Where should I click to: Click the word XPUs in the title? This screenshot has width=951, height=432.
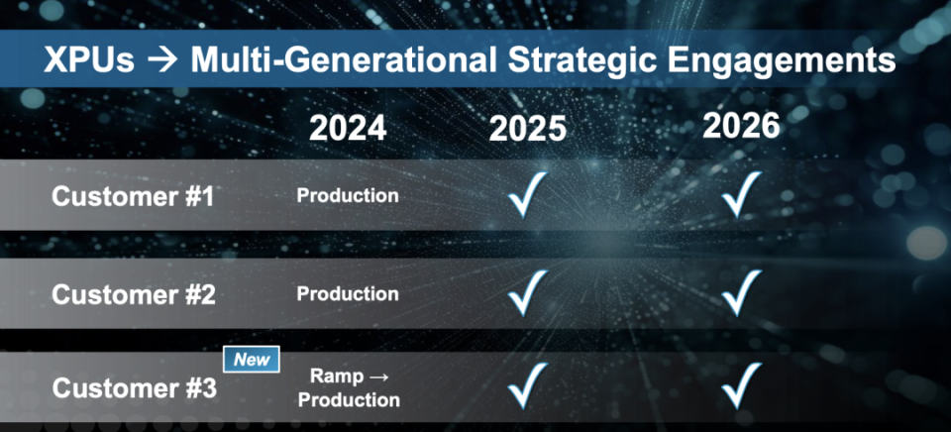[x=88, y=60]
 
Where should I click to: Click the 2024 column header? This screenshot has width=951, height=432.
[x=348, y=128]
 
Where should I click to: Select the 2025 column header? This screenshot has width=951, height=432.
[x=528, y=129]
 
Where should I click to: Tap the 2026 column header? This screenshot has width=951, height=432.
[x=741, y=125]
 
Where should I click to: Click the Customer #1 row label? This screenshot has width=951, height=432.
[x=133, y=196]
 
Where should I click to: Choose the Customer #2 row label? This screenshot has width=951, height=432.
[x=134, y=295]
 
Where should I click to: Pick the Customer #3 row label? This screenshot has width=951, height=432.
[x=134, y=388]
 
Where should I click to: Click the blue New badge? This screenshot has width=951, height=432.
[x=252, y=360]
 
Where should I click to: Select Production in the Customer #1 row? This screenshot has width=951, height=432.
[x=348, y=195]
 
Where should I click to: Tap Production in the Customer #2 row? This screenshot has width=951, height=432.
[x=348, y=293]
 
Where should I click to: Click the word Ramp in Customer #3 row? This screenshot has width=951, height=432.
[x=331, y=377]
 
